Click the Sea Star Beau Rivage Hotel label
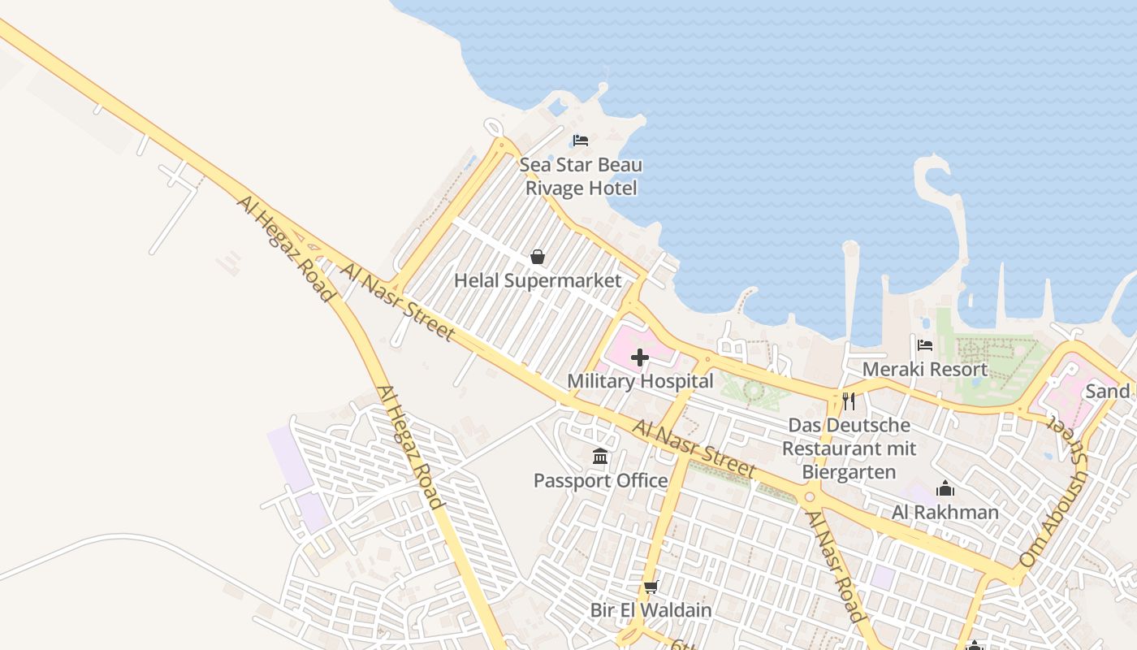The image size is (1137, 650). point(581,176)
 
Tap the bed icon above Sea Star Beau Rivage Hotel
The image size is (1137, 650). point(580,141)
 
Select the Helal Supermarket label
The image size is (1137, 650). point(538,281)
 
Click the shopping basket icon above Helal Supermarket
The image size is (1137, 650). point(537,258)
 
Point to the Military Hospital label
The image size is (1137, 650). point(640,381)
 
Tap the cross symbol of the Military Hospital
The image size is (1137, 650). point(640,357)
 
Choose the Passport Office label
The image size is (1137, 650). point(600,481)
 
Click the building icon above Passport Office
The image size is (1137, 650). point(600,457)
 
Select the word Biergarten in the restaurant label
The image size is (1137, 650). point(849,472)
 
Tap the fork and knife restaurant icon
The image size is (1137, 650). point(849,401)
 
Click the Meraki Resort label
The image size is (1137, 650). point(924,370)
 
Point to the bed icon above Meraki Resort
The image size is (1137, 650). point(924,345)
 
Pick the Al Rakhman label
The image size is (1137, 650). point(945,513)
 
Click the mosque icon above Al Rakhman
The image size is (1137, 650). point(945,489)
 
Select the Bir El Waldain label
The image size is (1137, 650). point(651,610)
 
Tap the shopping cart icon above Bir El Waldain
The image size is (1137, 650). point(651,587)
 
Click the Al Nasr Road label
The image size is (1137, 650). point(835,565)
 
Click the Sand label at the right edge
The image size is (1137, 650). point(1108,392)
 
